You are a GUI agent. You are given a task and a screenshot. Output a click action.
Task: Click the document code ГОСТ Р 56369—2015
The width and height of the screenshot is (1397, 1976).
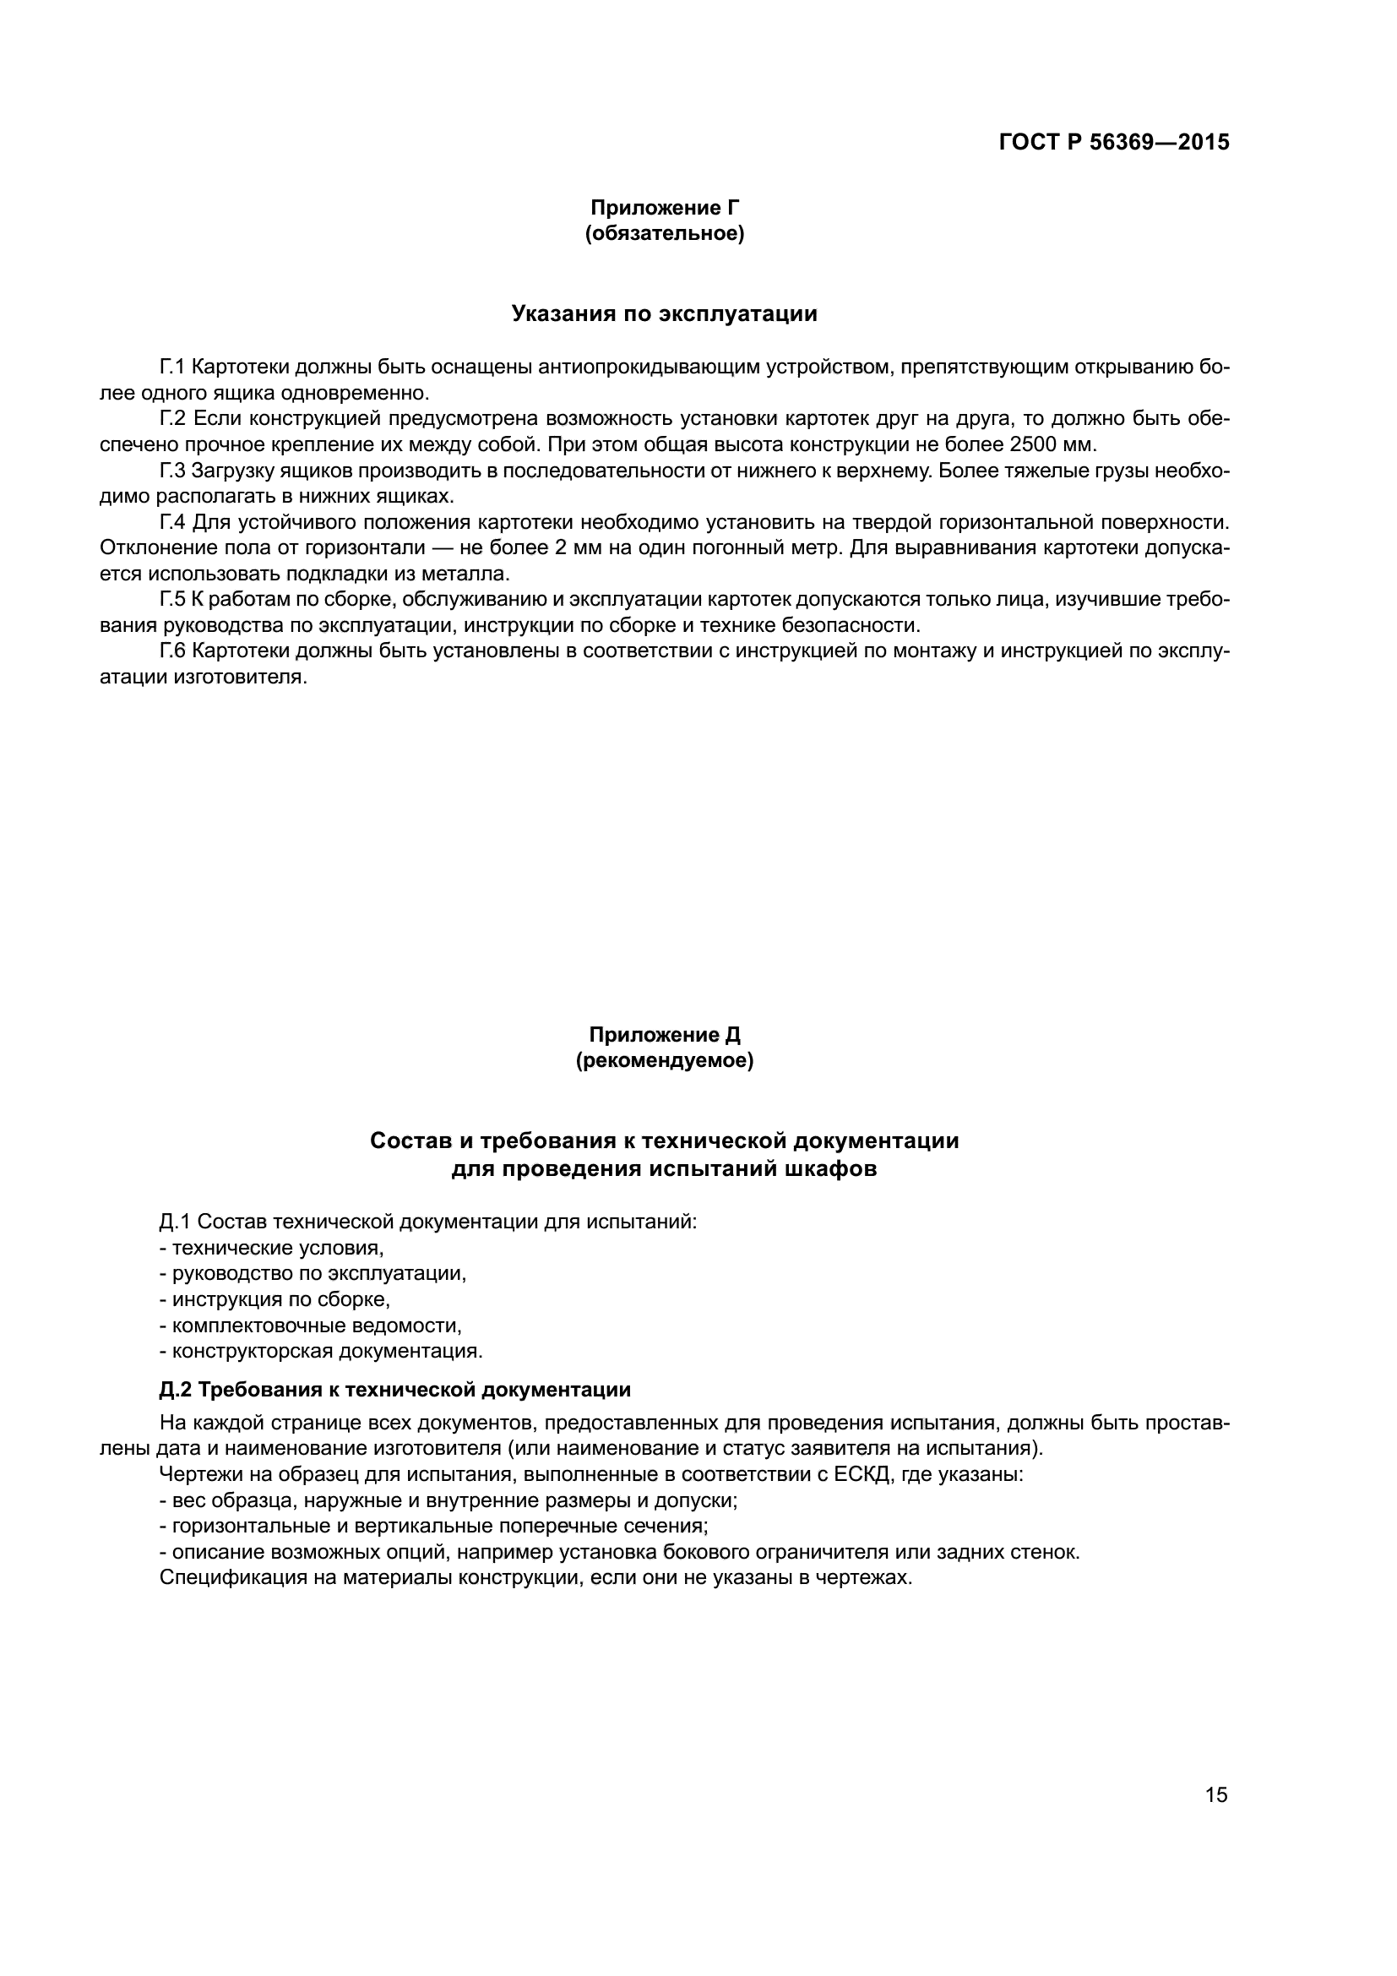click(1114, 143)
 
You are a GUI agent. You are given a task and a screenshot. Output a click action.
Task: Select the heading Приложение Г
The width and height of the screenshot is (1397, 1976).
click(664, 208)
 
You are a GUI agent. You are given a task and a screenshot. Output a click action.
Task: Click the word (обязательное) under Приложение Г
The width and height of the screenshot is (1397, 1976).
click(664, 233)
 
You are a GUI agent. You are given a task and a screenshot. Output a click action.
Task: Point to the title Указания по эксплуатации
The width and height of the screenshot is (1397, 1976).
click(664, 314)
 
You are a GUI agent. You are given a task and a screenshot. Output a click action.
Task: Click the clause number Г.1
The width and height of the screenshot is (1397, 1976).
click(172, 367)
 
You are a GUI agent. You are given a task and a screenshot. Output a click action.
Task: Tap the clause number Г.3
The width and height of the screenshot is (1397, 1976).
click(172, 471)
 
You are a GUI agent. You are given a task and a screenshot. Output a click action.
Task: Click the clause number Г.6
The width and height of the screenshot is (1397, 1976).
click(172, 651)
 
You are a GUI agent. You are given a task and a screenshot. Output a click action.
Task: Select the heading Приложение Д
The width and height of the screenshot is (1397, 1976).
click(664, 1036)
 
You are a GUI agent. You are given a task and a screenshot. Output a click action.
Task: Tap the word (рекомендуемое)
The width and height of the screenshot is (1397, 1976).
click(664, 1061)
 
